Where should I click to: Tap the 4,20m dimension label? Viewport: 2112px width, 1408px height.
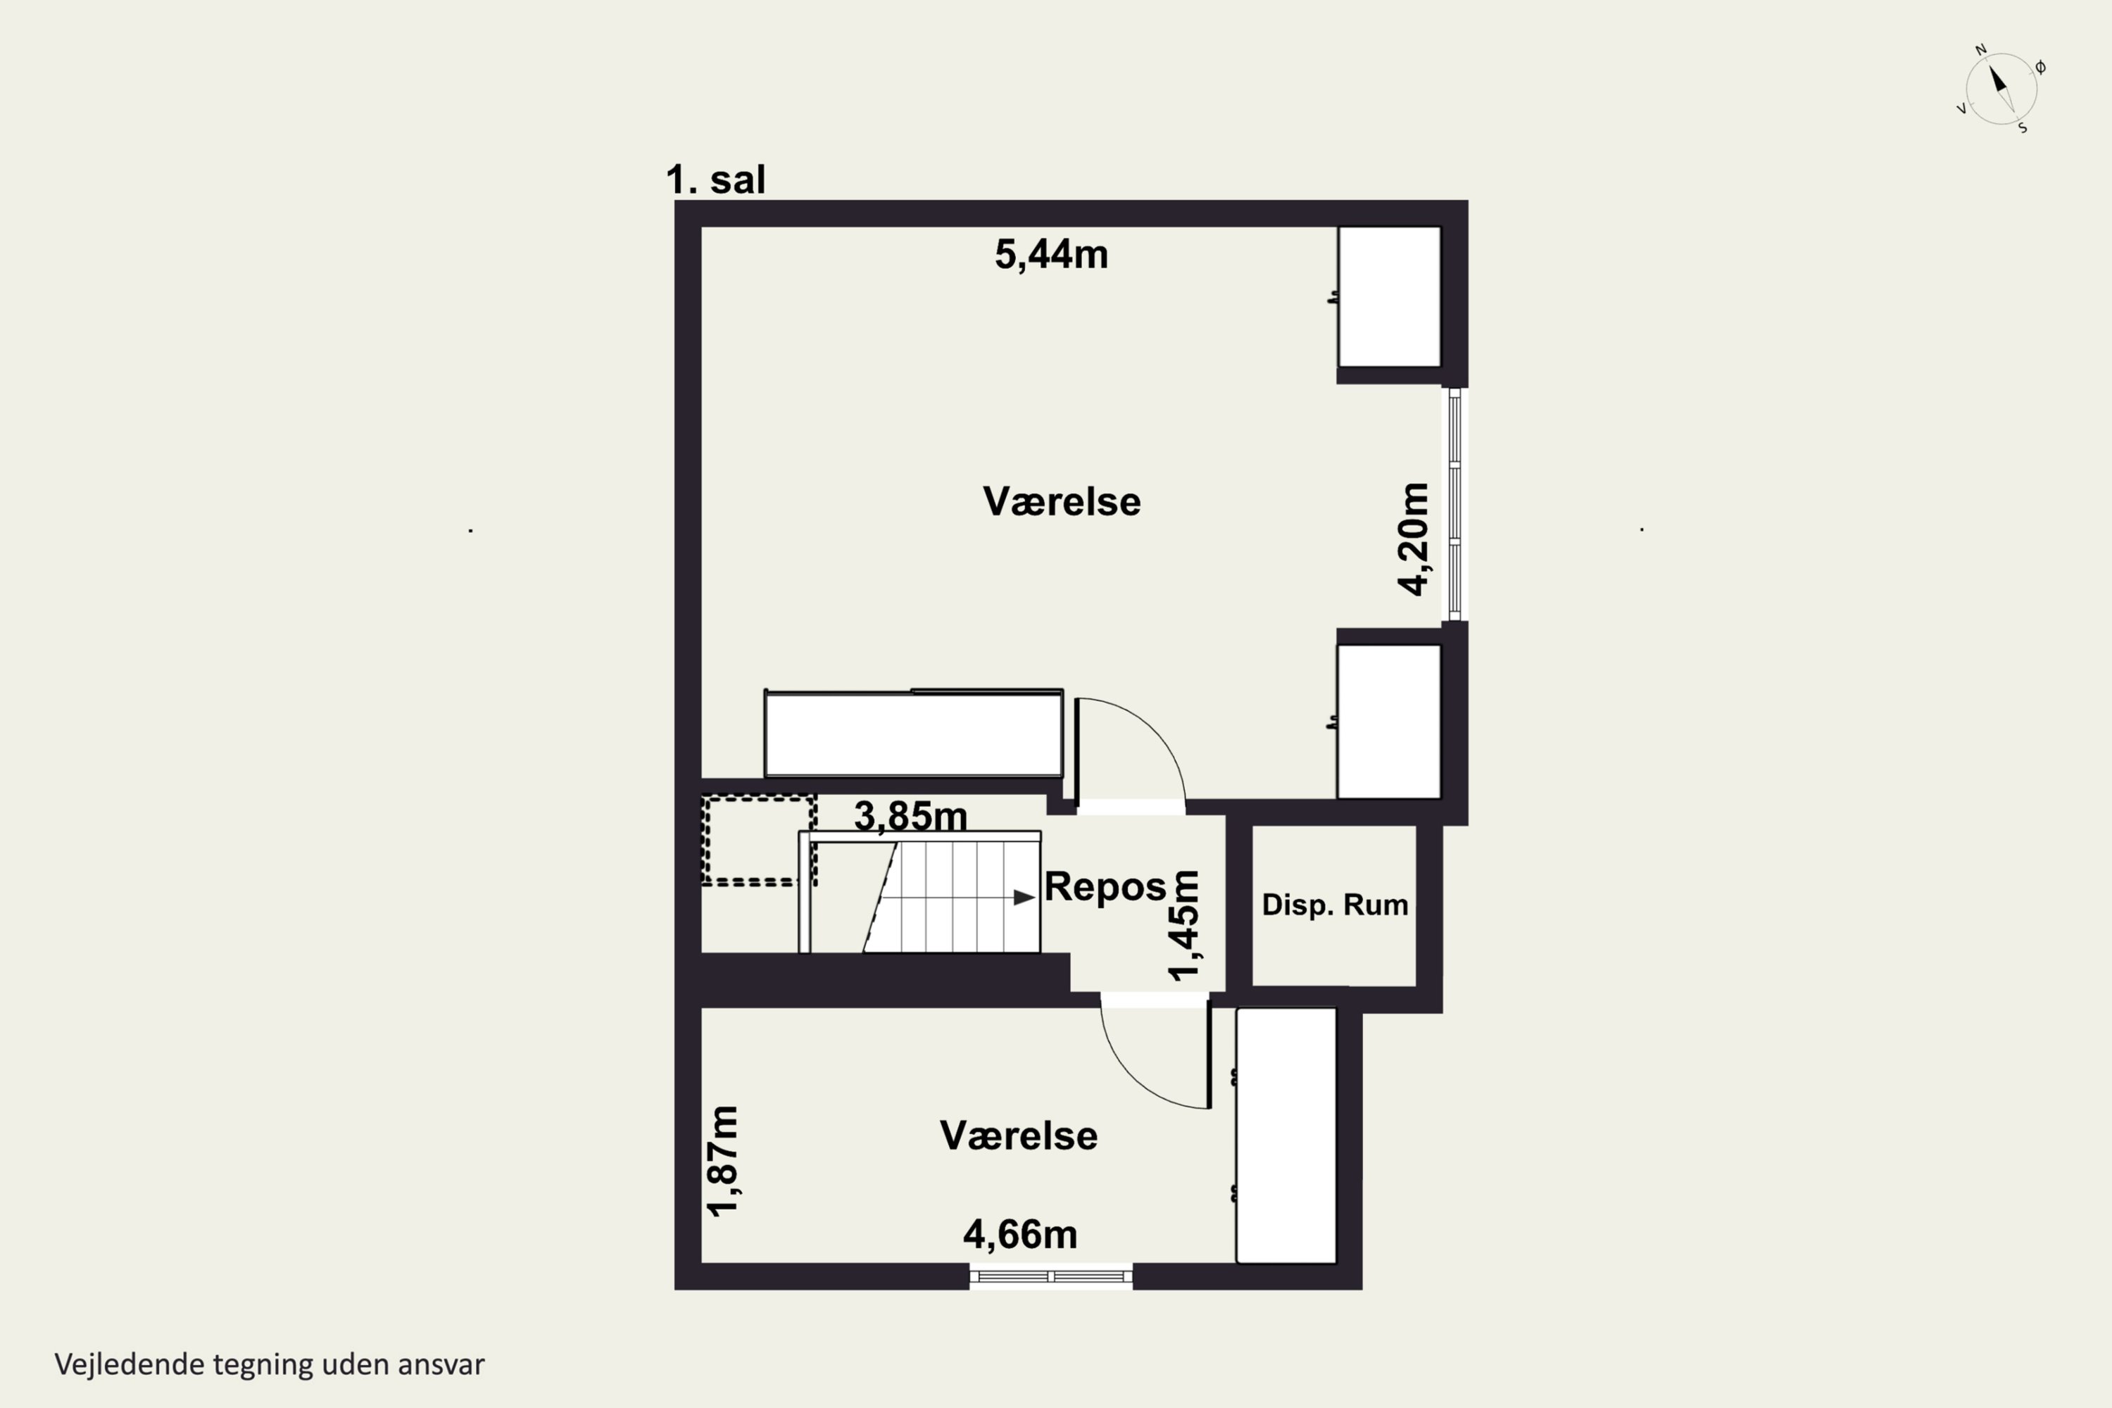(1414, 539)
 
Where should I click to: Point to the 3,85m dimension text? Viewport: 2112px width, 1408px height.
(910, 816)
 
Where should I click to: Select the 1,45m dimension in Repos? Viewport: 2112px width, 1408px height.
(1183, 925)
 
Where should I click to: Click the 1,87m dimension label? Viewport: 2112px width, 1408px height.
(722, 1161)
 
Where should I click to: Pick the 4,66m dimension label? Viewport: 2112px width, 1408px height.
(1020, 1235)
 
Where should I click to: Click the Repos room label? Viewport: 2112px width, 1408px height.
(1105, 887)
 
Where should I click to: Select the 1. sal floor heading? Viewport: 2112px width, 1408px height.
(716, 180)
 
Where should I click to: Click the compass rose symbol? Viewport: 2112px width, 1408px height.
(2001, 89)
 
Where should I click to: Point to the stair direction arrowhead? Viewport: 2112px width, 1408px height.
(1024, 897)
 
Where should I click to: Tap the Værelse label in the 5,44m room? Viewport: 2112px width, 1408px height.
(1062, 501)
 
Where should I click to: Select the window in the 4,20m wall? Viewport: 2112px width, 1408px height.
(1454, 504)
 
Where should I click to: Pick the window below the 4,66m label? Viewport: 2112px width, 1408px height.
(1050, 1276)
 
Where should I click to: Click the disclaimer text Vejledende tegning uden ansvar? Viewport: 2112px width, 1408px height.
(270, 1364)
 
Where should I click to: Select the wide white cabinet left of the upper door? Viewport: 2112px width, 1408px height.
(913, 733)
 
